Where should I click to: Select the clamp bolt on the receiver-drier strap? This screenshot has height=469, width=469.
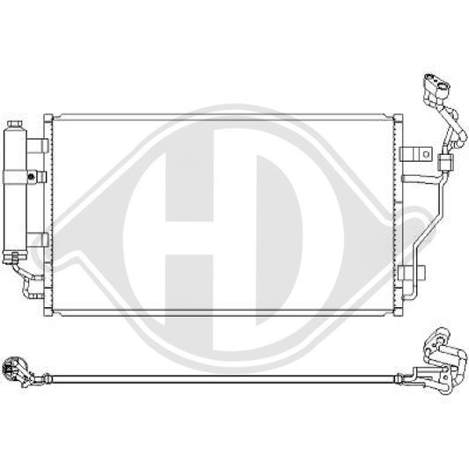click(40, 176)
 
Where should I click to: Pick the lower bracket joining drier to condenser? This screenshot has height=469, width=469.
click(38, 238)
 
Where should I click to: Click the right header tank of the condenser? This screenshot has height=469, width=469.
click(397, 211)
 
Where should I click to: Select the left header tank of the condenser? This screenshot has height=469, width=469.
click(49, 211)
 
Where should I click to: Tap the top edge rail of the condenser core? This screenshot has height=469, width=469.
click(224, 115)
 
